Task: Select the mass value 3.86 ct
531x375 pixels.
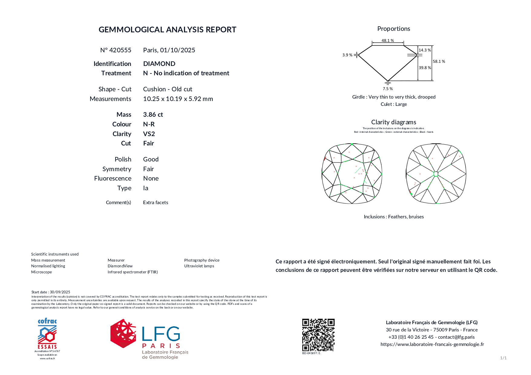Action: coord(153,115)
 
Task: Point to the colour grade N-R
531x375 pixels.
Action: coord(149,124)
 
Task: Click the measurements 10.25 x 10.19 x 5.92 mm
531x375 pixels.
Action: coord(178,99)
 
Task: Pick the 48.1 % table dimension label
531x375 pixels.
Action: coord(388,41)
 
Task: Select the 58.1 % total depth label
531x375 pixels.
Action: coord(439,61)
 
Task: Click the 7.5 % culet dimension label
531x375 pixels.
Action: coord(388,89)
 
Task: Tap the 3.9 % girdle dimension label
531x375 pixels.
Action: coord(347,55)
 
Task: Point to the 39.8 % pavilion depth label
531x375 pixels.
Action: coord(425,68)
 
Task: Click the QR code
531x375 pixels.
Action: coord(318,335)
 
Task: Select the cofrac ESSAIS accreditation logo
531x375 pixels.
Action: coord(47,334)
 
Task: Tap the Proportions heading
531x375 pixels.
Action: coord(394,29)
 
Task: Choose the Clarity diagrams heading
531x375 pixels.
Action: coord(394,122)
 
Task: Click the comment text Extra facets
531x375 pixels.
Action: coord(156,203)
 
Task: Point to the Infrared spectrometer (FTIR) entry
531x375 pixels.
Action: coord(133,272)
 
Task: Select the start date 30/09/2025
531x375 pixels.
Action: coord(60,292)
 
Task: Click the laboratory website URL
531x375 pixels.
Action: coord(432,344)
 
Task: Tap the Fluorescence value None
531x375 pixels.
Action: coord(151,178)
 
